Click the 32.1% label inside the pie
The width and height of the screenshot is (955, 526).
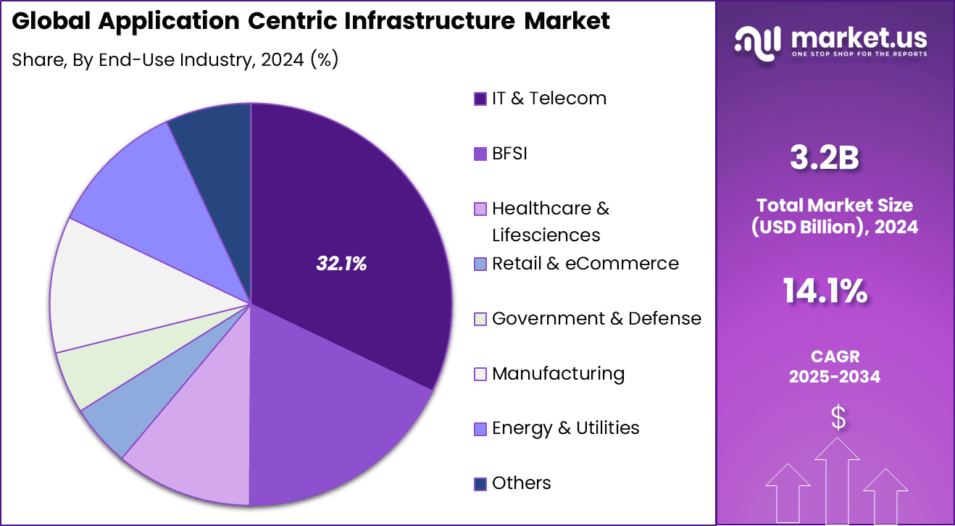[341, 264]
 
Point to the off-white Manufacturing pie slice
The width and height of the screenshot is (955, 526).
[116, 290]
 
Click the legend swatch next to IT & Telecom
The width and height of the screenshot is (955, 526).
[480, 99]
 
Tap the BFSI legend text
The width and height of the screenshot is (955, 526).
[509, 154]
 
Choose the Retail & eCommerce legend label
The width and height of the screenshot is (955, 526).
[585, 263]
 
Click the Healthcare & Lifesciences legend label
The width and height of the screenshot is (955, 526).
[550, 222]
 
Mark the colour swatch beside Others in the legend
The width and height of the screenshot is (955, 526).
[480, 484]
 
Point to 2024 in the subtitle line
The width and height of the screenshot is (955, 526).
[282, 60]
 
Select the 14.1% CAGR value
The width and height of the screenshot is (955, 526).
[825, 291]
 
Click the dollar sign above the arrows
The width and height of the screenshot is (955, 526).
[838, 418]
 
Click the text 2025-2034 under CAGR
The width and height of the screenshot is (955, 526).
[834, 377]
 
